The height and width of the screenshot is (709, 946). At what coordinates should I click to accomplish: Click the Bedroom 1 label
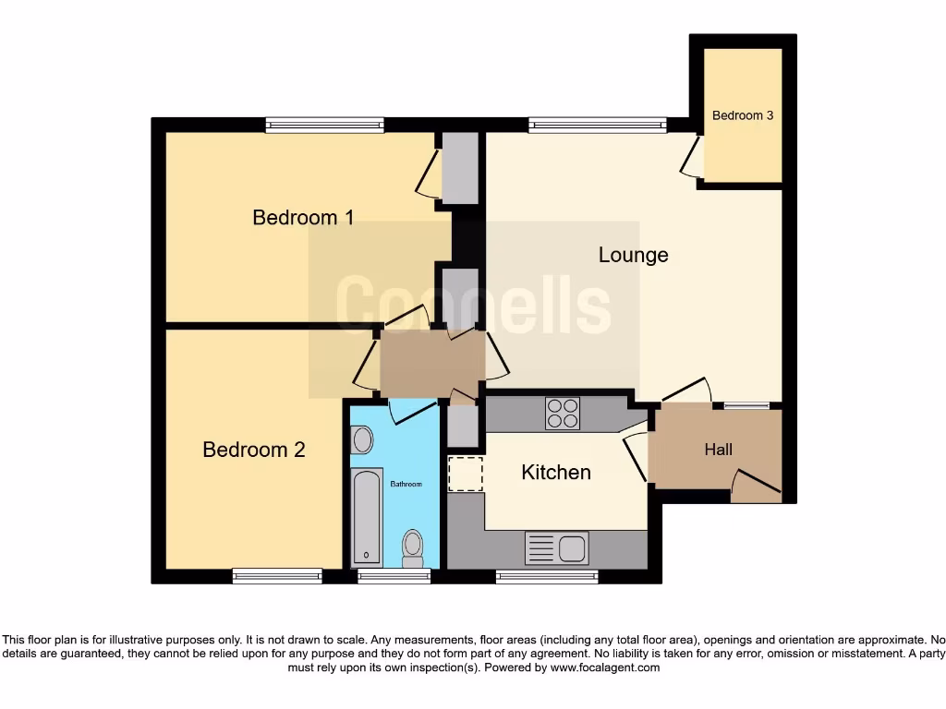coord(303,218)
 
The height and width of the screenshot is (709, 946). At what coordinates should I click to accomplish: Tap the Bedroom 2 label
coord(254,450)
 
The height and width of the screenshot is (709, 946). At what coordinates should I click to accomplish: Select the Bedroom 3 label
coord(743,115)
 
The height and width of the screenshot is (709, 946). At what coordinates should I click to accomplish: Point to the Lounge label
coord(633,255)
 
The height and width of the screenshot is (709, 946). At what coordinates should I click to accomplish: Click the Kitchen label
coord(555,473)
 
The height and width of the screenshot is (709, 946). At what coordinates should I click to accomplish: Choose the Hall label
coord(718,450)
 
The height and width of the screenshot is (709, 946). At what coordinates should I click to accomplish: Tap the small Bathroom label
coord(406,484)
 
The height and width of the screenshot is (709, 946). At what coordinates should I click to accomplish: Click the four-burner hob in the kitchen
coord(563,414)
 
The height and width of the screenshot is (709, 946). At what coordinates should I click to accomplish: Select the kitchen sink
coord(556,548)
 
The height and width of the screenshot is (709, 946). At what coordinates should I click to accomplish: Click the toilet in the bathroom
coord(412,547)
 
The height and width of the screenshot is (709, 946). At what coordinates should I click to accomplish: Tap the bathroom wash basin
coord(363,439)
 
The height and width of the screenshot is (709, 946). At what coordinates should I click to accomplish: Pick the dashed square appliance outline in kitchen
coord(465,474)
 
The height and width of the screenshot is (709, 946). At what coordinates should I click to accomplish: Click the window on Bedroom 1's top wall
coord(324,125)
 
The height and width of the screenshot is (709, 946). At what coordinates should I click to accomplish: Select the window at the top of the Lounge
coord(598,125)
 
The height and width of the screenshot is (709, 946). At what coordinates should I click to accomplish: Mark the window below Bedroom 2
coord(277,576)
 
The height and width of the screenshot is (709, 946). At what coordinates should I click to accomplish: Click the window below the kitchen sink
coord(546,576)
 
